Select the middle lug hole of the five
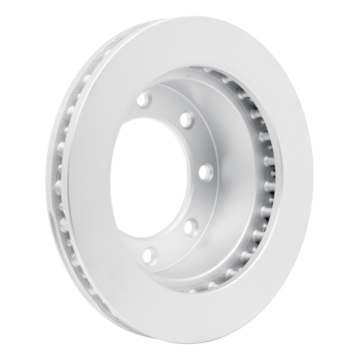coord(205,170)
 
